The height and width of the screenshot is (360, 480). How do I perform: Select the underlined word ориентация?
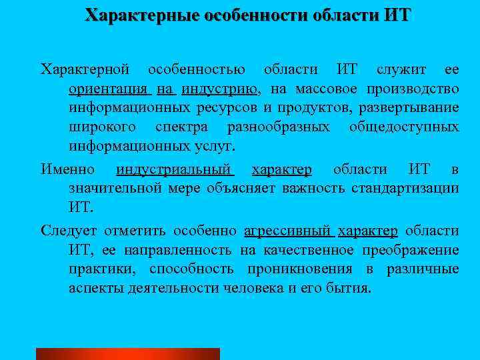coord(109,89)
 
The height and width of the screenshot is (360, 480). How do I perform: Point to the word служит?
coord(399,69)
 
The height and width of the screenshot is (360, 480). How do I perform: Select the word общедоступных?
coord(404,127)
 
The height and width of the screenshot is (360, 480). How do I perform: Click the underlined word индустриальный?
coord(174,169)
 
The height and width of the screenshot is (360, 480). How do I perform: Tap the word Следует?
coord(69,231)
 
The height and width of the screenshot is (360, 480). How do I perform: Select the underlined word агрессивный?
coord(288,231)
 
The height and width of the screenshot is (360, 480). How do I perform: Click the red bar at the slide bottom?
coord(127,354)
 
